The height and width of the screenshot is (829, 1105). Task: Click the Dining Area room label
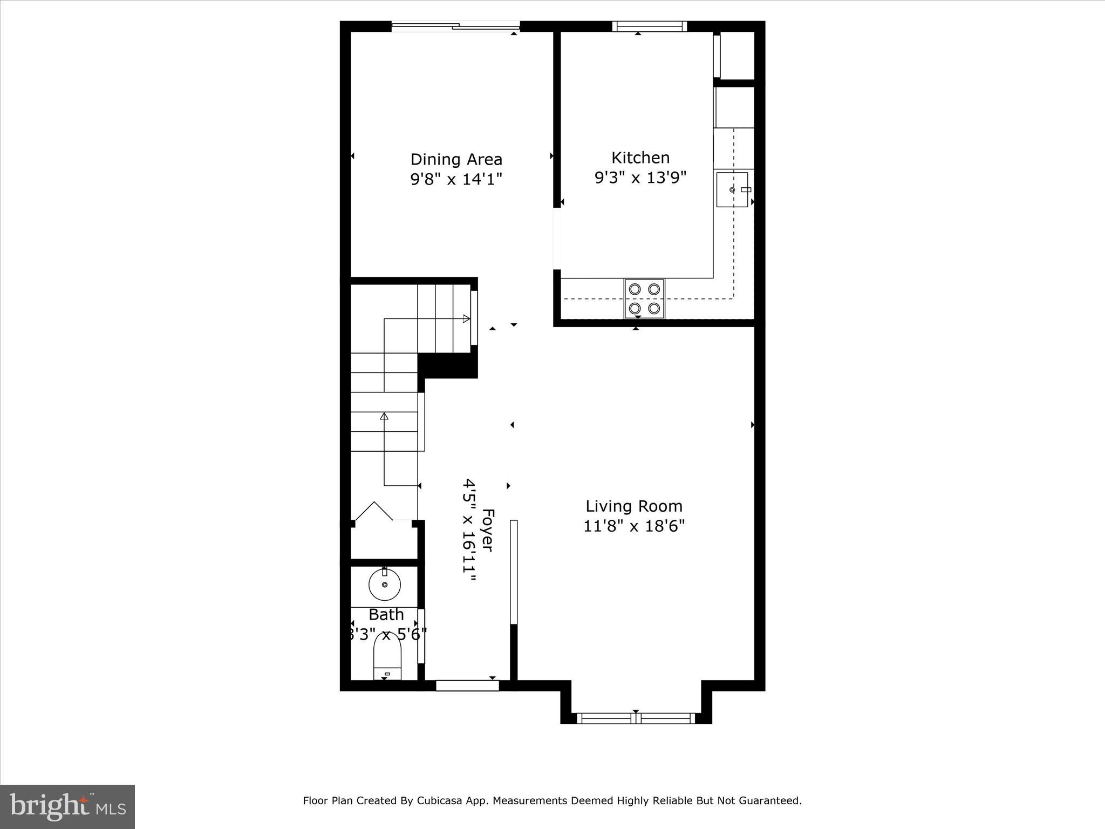point(456,159)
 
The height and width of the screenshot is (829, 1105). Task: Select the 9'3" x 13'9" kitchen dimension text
point(640,178)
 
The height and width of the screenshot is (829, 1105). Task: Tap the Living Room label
point(634,506)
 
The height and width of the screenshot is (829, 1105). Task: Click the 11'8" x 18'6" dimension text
point(634,526)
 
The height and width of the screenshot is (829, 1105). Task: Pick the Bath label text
point(386,615)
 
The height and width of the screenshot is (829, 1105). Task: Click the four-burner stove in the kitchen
point(644,298)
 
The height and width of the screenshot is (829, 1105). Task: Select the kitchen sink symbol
point(732,190)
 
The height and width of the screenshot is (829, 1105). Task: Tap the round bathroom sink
point(384,585)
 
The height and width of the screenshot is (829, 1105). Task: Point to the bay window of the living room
point(636,718)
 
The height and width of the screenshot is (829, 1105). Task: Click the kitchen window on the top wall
point(649,26)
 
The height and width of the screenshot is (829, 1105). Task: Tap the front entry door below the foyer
point(467,685)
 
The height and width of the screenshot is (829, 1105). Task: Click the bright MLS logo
point(67,806)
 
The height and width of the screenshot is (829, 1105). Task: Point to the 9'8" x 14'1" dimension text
point(456,179)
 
